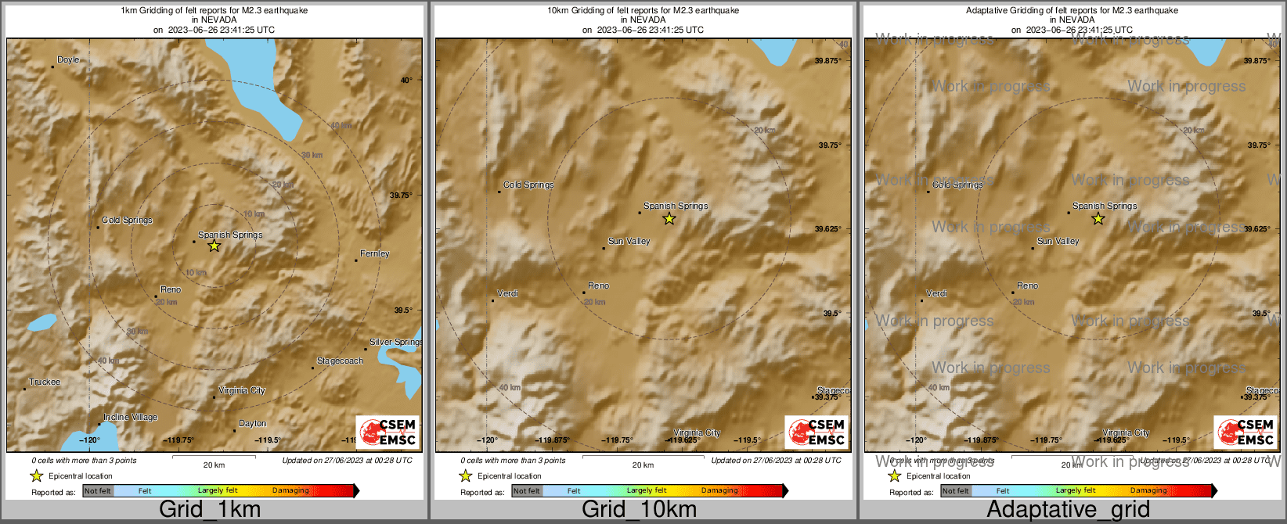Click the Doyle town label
[68, 60]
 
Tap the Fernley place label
[374, 254]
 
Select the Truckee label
[45, 382]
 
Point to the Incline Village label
[130, 418]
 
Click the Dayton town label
[252, 424]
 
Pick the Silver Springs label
[395, 343]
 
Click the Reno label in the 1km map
[171, 290]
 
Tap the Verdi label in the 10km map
[507, 294]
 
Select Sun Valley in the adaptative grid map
[1058, 242]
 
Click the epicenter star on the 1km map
[214, 246]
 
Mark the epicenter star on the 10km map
[669, 219]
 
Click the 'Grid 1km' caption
[210, 510]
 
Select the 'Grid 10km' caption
[639, 510]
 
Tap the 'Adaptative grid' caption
[1068, 510]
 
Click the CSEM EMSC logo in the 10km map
[817, 432]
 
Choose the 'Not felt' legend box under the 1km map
[98, 491]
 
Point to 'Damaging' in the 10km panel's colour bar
[719, 491]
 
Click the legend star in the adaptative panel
[894, 476]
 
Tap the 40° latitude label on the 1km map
[406, 80]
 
